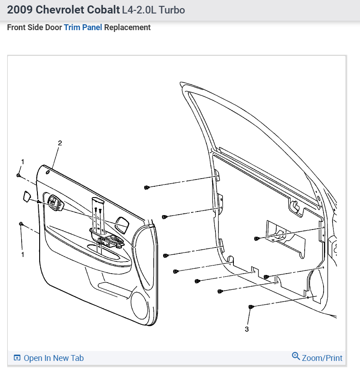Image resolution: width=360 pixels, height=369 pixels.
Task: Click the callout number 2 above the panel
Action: click(60, 143)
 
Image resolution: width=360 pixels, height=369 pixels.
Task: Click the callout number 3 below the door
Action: click(246, 329)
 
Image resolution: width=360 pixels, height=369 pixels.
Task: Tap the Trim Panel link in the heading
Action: click(83, 27)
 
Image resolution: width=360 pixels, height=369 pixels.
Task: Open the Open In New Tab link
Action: click(53, 358)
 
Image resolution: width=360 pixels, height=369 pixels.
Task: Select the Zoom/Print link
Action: click(322, 358)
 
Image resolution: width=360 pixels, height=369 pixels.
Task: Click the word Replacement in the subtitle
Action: click(128, 27)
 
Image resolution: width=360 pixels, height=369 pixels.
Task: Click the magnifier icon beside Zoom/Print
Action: click(296, 356)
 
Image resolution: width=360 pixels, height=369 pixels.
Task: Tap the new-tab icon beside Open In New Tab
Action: click(17, 358)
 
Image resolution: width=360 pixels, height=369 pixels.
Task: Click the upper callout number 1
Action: click(23, 161)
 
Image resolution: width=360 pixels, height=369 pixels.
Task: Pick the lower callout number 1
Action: click(23, 255)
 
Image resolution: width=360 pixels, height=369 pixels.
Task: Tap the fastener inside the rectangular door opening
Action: click(256, 238)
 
